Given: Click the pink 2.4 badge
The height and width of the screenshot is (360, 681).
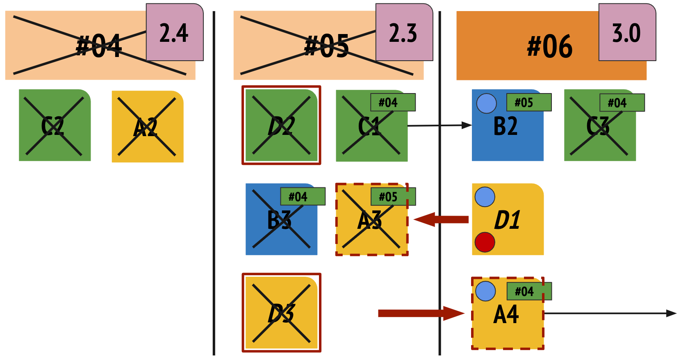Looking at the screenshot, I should coord(174,32).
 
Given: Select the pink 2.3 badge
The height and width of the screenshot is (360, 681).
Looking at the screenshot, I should coord(404,32).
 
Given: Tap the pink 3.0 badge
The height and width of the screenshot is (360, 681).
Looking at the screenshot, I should coord(627,32).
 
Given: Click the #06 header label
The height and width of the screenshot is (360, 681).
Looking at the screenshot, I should coord(549,46).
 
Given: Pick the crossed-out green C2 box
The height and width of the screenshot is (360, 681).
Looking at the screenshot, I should coord(55,125).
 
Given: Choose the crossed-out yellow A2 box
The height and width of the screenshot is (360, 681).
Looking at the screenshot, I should coord(147,127).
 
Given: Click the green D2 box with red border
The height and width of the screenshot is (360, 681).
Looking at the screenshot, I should coord(281,125).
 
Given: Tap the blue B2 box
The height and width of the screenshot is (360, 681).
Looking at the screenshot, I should coord(507,131).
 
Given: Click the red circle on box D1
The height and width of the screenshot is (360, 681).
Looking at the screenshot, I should coord(485,242).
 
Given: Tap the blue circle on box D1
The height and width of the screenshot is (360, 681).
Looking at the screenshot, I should coord(485,197).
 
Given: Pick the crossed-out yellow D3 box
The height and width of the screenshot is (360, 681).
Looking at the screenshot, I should coord(281,313).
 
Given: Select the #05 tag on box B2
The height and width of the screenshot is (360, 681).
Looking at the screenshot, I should coord(529,103).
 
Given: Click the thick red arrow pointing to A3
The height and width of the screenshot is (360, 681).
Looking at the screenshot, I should coord(441,219).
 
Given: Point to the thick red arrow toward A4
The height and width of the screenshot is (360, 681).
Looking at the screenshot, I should coord(421,313).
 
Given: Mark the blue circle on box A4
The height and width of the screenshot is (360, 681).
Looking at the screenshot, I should coord(485,291).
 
